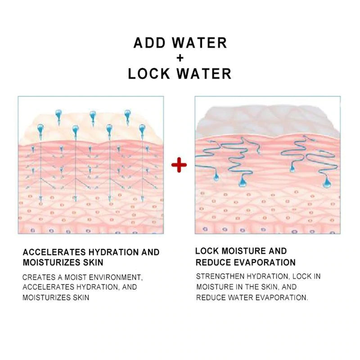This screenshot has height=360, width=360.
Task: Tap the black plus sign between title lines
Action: tap(180, 58)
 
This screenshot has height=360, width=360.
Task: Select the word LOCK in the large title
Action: tap(151, 73)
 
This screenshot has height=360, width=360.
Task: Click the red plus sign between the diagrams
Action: tap(179, 165)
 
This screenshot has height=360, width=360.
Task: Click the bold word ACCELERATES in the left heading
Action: tap(50, 252)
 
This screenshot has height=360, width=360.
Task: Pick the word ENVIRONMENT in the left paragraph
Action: tap(114, 277)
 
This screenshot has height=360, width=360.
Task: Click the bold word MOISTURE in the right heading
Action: tap(240, 251)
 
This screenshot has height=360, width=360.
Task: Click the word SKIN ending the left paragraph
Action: tap(81, 297)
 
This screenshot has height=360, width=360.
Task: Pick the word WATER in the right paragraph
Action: tap(247, 297)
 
